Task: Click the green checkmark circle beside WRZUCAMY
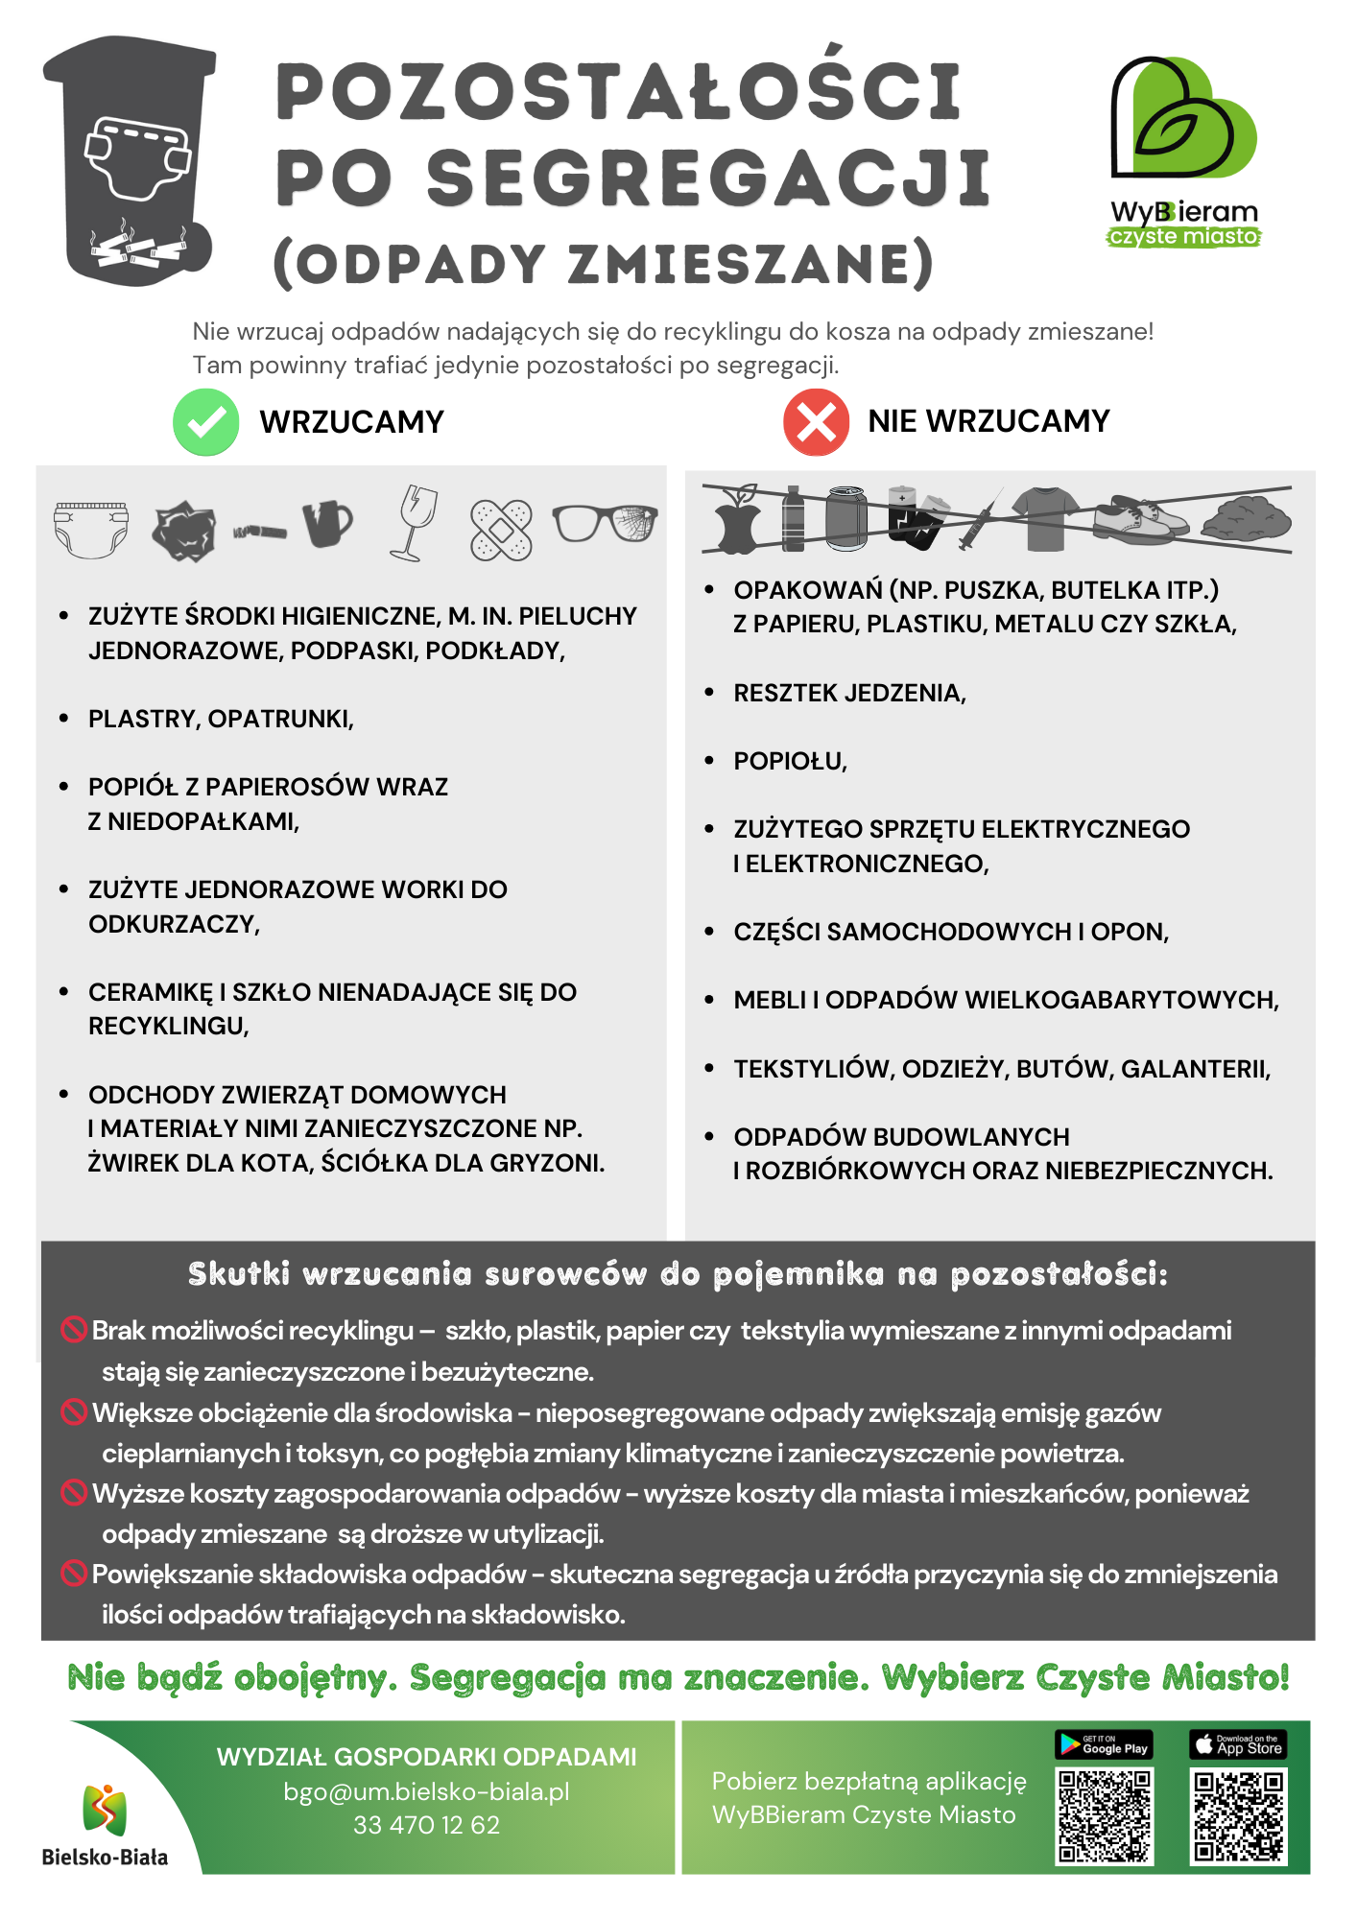205,422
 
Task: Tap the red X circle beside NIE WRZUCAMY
816,422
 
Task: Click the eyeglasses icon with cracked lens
605,524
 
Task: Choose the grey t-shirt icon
1045,518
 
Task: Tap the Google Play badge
1104,1743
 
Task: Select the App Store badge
1238,1743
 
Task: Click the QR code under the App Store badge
1238,1816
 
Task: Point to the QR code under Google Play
1105,1816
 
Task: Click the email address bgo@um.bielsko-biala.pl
426,1791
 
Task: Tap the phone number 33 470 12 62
426,1825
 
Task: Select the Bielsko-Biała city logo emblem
105,1810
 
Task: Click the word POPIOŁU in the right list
790,762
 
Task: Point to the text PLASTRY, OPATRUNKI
221,720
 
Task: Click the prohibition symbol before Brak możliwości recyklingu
74,1330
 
